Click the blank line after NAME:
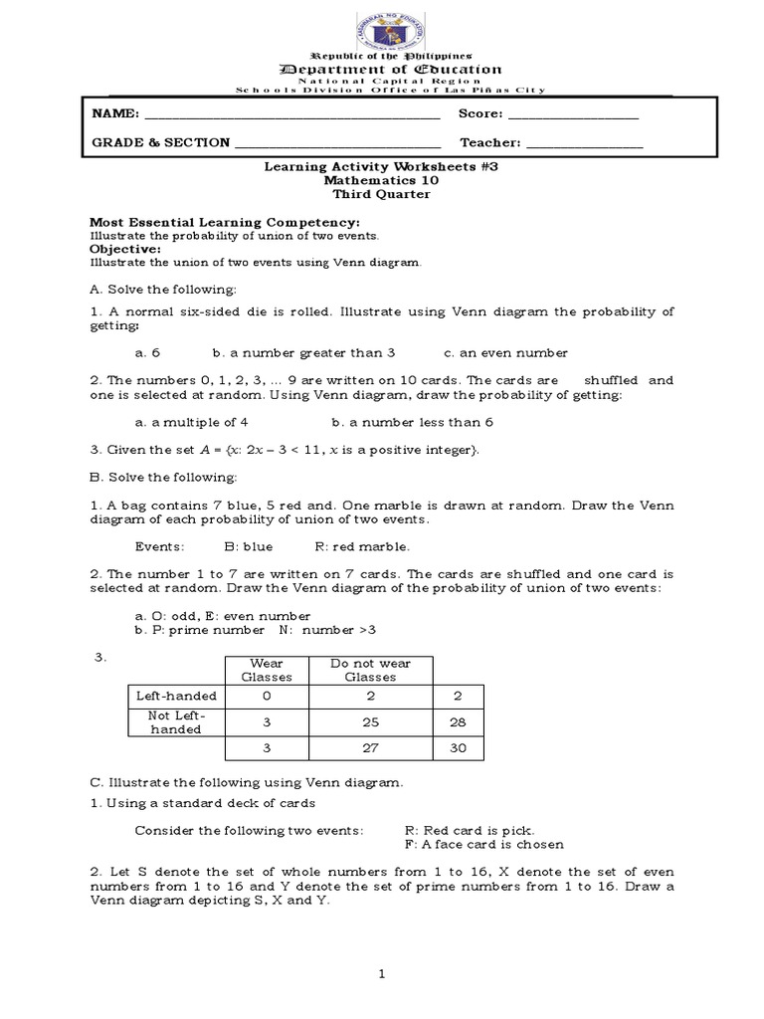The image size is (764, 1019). coord(292,116)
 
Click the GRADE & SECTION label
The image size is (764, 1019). coord(160,142)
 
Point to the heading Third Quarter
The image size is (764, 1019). coord(381,195)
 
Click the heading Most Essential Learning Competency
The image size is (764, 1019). coord(225,222)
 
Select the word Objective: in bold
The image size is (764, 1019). coord(125,249)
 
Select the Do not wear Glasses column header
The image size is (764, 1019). coord(363,670)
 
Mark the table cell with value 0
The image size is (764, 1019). coord(267,697)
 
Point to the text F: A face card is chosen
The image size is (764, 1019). coord(484,845)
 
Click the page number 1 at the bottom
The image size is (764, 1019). coord(381,975)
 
